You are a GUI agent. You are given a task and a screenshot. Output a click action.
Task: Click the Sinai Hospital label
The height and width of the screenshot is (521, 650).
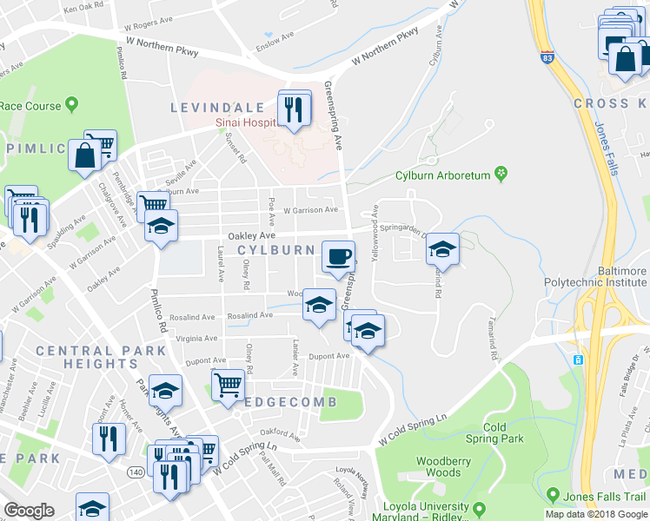[247, 122]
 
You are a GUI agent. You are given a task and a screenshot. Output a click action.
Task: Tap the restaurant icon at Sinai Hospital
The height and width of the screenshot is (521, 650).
[295, 109]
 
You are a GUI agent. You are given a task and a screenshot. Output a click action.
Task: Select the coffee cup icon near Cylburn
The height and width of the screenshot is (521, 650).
[339, 256]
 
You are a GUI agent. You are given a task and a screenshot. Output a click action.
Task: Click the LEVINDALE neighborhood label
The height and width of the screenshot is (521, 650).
[217, 107]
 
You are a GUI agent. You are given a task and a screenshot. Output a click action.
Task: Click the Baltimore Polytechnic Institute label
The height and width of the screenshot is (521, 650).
[595, 277]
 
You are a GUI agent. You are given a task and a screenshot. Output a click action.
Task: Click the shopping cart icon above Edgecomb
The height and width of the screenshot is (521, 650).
[227, 384]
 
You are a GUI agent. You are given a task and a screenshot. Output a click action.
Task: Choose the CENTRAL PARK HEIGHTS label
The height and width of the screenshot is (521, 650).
[101, 357]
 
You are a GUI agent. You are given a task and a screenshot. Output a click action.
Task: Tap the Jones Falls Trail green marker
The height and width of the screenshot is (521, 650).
[553, 496]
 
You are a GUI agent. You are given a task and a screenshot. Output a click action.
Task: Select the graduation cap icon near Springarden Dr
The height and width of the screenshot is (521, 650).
[442, 249]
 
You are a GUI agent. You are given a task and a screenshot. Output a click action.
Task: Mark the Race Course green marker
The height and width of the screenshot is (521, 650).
[72, 106]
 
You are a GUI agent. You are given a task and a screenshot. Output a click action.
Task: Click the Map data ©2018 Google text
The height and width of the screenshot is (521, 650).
[595, 514]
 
